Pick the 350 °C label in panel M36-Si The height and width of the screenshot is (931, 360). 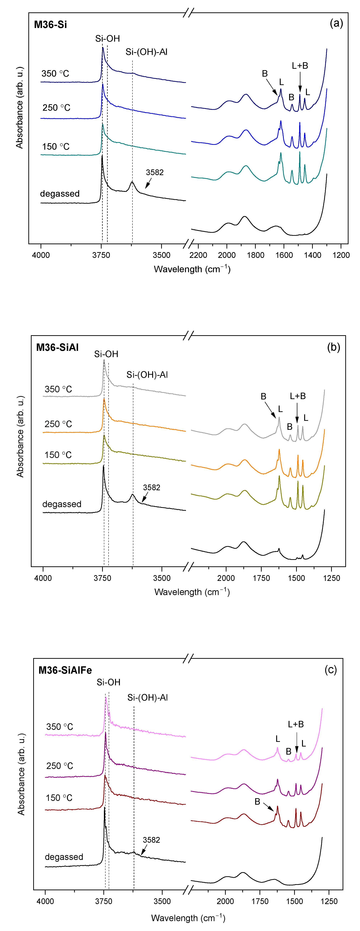55,74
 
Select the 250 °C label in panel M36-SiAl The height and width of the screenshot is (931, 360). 58,424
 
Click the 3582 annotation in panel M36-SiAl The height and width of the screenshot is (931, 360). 151,488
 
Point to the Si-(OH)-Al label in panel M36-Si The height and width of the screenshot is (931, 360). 146,52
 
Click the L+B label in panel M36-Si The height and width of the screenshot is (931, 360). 300,66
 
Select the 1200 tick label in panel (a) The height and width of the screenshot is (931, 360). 341,255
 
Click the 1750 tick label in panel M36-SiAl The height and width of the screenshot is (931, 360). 261,578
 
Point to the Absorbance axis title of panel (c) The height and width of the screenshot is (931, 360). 21,774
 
